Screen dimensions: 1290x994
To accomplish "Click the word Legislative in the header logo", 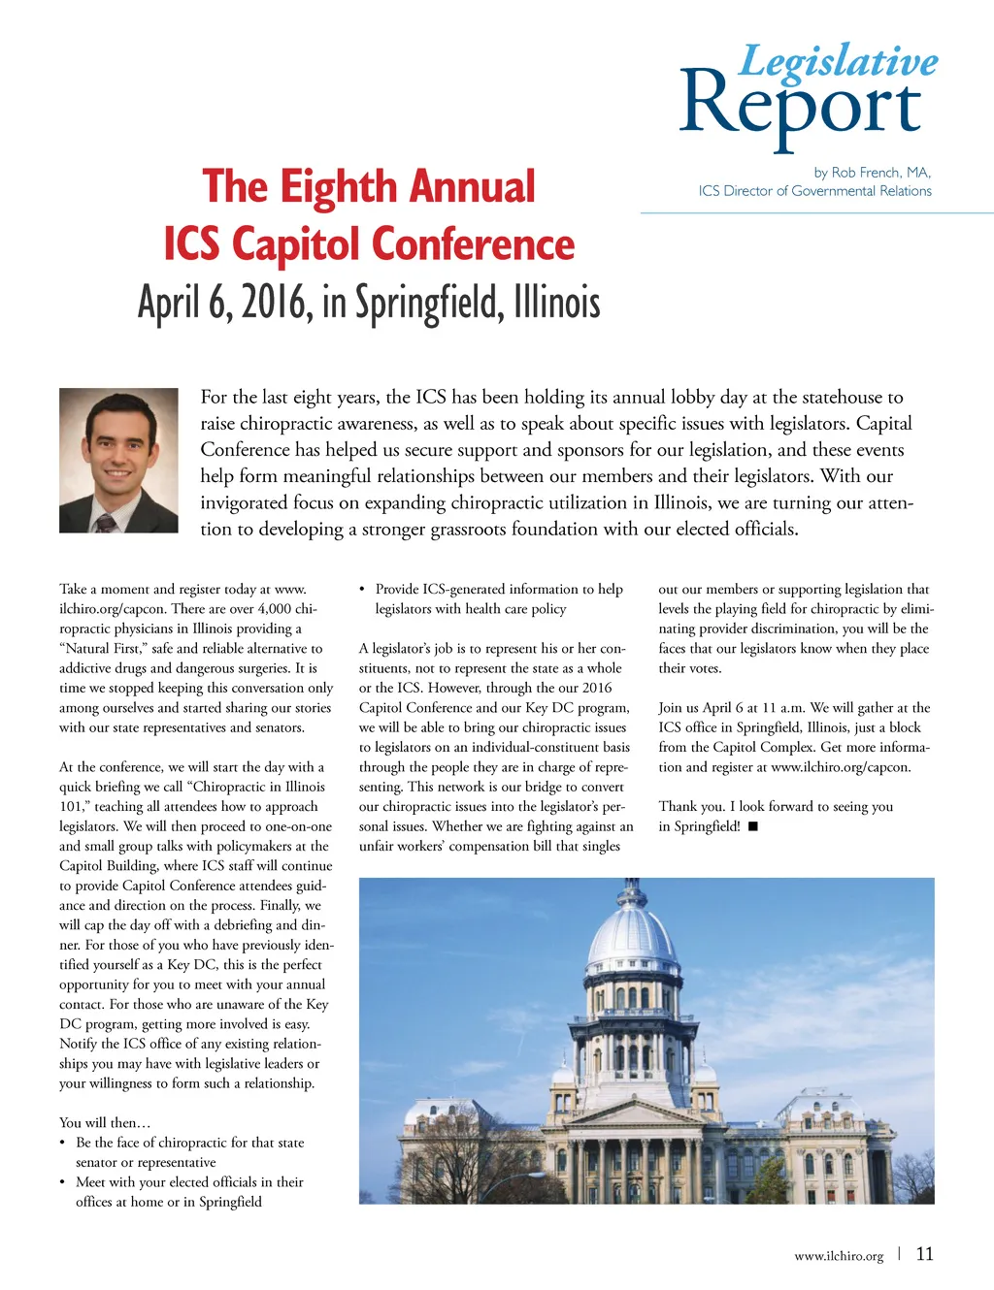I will [839, 61].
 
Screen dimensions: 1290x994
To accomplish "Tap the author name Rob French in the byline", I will [867, 173].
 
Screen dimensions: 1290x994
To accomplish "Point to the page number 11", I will [925, 1254].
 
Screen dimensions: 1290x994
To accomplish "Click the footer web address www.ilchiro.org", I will [839, 1256].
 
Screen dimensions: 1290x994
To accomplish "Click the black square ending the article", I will [753, 826].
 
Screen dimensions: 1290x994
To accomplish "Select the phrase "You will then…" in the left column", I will [105, 1123].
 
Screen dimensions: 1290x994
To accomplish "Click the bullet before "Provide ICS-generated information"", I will [362, 589].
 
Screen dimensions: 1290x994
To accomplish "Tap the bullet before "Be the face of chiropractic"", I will [63, 1143].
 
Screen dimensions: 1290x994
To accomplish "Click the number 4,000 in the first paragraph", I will [276, 609].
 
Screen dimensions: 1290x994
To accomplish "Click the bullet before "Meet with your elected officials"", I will [63, 1182].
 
